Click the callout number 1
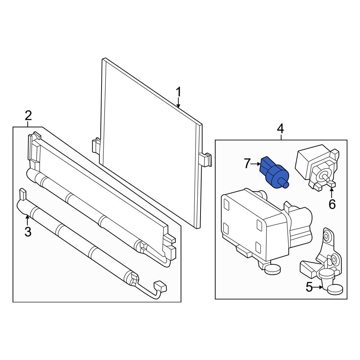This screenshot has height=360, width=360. [179, 93]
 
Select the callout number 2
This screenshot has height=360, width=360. [28, 116]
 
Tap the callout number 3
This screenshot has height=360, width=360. [28, 232]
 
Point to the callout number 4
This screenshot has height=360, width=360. [280, 129]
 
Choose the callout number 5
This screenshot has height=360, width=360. [309, 287]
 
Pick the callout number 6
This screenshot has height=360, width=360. [332, 204]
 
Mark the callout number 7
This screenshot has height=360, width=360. [247, 164]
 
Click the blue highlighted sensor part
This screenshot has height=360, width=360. [274, 172]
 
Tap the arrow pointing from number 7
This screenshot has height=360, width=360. [256, 164]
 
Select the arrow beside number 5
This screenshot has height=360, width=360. [318, 287]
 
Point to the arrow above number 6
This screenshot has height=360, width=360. [332, 193]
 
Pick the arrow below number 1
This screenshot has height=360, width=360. [179, 103]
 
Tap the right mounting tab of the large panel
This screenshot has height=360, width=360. [205, 159]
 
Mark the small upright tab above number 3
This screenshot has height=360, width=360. [23, 194]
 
